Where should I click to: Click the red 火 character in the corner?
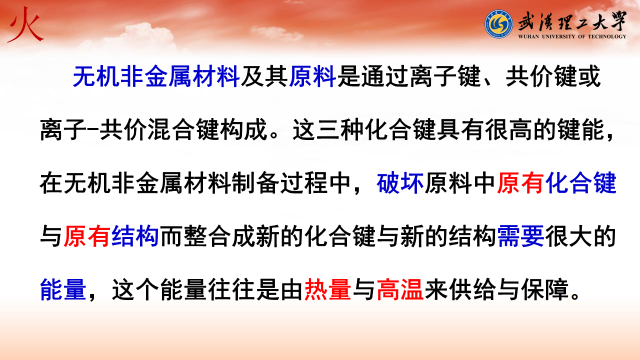25,25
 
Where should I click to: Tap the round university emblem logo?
498,24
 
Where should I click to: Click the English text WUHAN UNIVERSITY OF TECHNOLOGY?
572,36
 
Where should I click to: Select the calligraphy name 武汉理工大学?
572,22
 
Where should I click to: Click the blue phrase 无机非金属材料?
156,76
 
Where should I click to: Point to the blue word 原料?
312,76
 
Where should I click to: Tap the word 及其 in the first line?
264,76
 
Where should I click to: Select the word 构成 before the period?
244,129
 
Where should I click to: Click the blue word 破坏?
400,183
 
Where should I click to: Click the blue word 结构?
135,236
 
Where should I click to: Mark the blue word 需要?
520,236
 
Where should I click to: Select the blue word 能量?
63,289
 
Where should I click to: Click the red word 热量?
327,289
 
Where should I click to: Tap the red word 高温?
400,289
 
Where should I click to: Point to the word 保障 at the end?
545,289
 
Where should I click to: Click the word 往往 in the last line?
231,289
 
